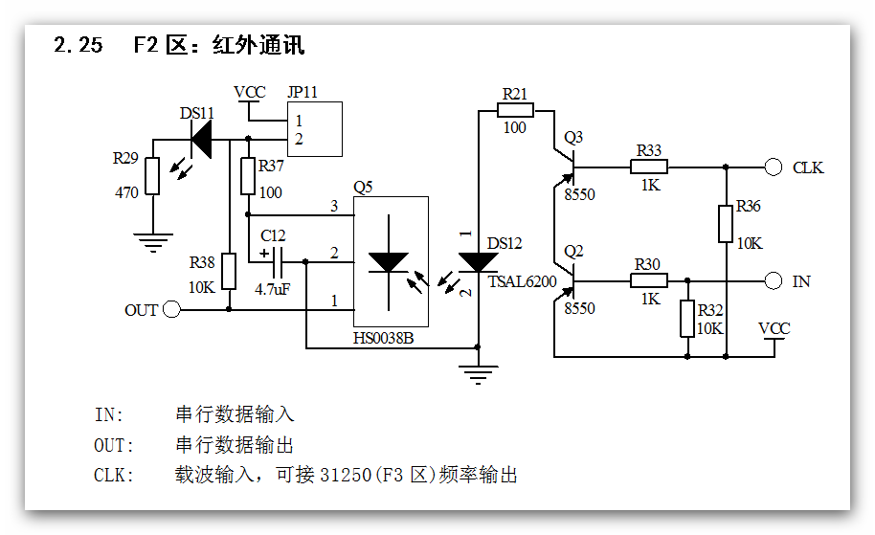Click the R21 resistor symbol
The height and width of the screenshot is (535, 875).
515,110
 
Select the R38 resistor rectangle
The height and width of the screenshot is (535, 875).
229,271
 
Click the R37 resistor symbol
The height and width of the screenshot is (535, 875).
248,176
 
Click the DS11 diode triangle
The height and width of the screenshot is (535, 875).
201,140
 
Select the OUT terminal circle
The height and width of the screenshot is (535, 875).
171,309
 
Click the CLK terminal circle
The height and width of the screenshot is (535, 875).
774,167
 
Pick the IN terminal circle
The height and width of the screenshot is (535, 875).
774,281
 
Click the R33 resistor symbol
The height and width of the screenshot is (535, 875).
648,167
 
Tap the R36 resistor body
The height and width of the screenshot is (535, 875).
726,223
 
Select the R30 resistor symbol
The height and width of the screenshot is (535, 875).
648,281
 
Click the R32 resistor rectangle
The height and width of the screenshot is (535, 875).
686,319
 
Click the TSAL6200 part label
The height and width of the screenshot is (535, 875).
519,281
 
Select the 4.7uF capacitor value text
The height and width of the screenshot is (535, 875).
273,288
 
